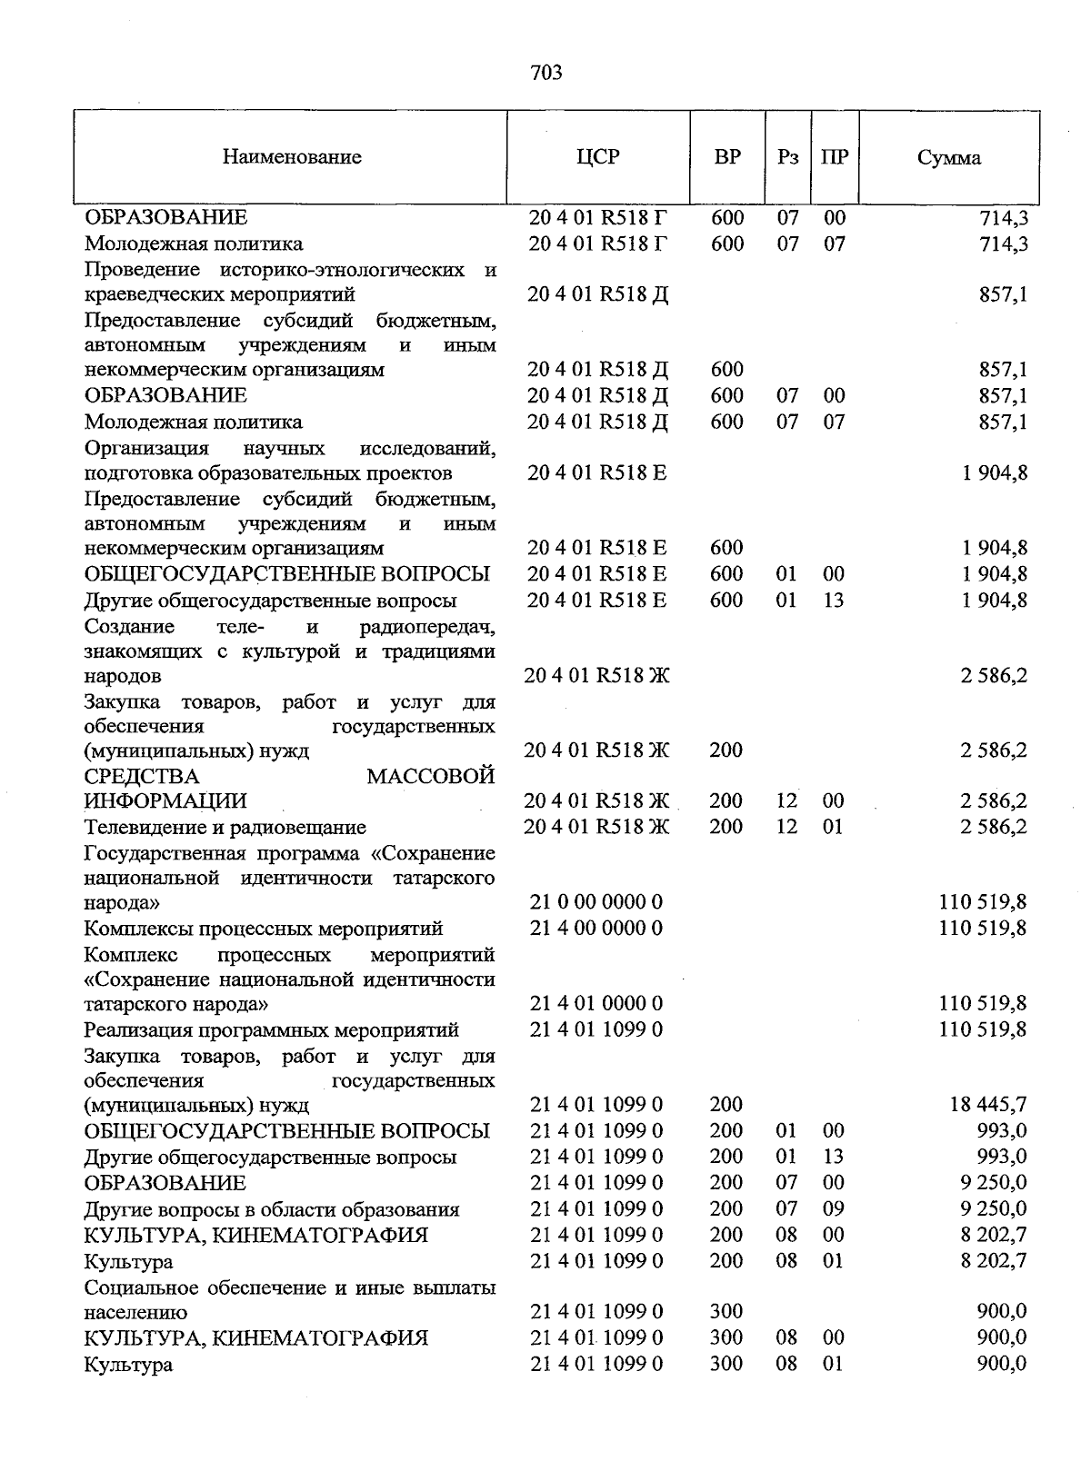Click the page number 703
click(545, 73)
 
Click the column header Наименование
click(292, 157)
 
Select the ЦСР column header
click(597, 157)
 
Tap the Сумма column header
click(948, 158)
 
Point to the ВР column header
click(727, 157)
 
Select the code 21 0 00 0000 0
click(596, 902)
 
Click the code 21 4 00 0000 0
click(596, 928)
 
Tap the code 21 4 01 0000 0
click(596, 1003)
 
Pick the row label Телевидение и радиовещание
click(225, 827)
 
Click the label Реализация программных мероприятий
click(271, 1030)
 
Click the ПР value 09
click(834, 1209)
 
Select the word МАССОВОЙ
click(431, 776)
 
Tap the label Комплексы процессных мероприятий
click(263, 929)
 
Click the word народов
click(123, 677)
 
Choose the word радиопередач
click(427, 627)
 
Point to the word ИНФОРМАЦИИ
click(165, 801)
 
